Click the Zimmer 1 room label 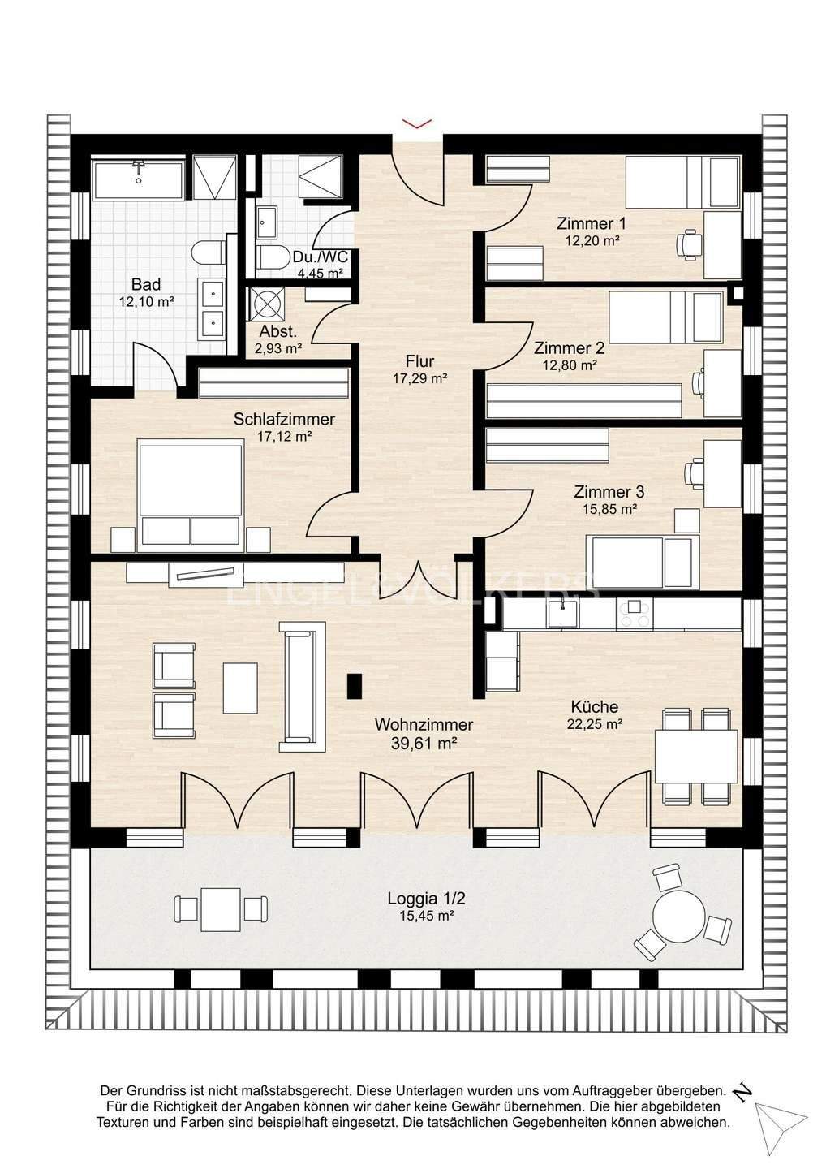(591, 224)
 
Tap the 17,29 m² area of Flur (419, 379)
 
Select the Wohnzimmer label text (424, 724)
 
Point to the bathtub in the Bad (138, 179)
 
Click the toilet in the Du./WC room (275, 257)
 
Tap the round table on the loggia (678, 916)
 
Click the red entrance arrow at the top (417, 123)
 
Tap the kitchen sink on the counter (562, 614)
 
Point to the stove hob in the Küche (634, 614)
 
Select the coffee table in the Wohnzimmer (240, 688)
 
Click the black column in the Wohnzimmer (355, 686)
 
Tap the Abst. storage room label (278, 331)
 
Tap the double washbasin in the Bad (213, 308)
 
